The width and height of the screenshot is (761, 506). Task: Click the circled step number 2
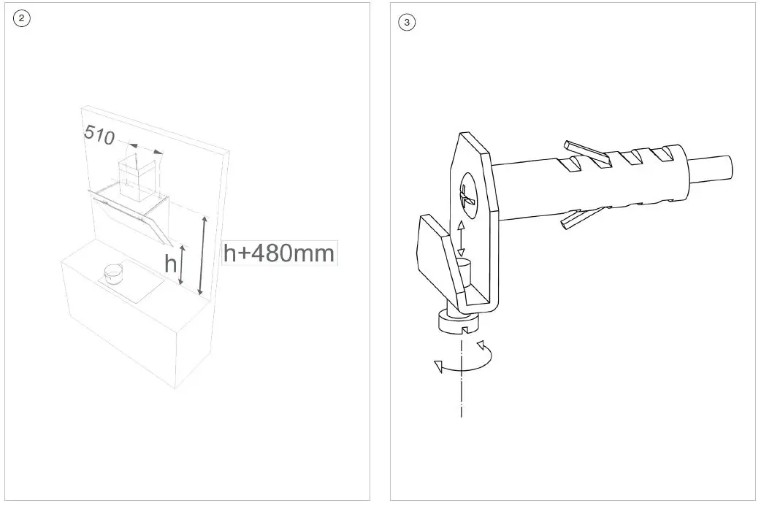tap(22, 20)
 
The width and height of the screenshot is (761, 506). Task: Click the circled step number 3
tap(407, 23)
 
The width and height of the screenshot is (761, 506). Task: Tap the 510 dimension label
tap(99, 134)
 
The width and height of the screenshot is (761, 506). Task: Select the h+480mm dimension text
tap(279, 253)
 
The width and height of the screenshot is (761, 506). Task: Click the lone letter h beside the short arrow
tap(171, 263)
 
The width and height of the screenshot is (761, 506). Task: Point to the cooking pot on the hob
tap(113, 274)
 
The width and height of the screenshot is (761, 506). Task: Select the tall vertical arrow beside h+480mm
tap(204, 256)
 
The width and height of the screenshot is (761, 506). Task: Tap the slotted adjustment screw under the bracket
tap(457, 321)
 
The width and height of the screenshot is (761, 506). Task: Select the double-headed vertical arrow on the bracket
tap(460, 238)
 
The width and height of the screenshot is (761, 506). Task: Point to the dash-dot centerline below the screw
tap(462, 394)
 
